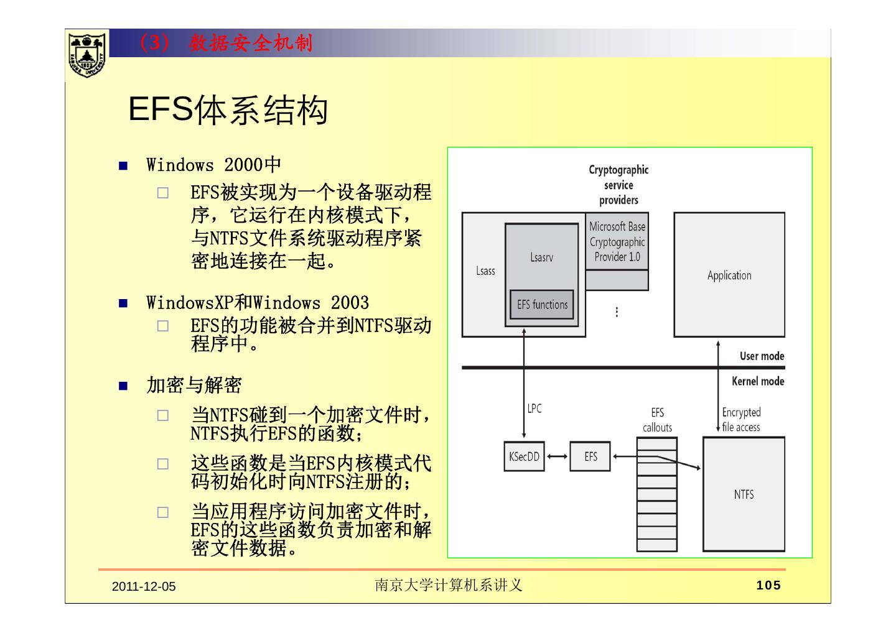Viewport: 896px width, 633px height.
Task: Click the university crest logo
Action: [x=86, y=54]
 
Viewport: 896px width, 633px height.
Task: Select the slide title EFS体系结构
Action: [x=228, y=111]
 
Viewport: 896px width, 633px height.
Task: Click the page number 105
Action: [x=768, y=585]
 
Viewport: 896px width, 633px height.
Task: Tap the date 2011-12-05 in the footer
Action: [x=144, y=586]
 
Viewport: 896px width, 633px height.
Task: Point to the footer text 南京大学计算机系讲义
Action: [x=448, y=585]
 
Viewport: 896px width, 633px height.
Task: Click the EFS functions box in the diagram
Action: [x=542, y=305]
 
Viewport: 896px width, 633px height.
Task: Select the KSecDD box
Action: [x=524, y=457]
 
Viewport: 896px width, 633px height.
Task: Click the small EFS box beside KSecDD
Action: [x=590, y=457]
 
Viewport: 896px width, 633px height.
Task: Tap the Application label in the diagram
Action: [x=729, y=275]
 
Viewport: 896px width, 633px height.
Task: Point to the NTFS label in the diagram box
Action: [x=744, y=494]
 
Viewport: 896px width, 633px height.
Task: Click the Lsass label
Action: [x=485, y=271]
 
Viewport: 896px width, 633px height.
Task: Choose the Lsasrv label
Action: [x=541, y=257]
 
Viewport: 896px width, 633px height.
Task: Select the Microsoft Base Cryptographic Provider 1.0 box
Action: [x=617, y=242]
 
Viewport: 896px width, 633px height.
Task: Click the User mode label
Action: [x=762, y=356]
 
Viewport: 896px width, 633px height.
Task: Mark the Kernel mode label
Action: [x=758, y=381]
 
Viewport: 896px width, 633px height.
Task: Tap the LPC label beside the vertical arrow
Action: [x=534, y=409]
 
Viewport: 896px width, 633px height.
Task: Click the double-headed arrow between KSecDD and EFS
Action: [x=557, y=457]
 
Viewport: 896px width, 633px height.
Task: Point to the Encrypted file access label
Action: [x=741, y=420]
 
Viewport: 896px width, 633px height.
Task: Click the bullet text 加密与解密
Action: [x=194, y=386]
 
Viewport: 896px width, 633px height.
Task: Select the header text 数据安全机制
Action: [x=251, y=43]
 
